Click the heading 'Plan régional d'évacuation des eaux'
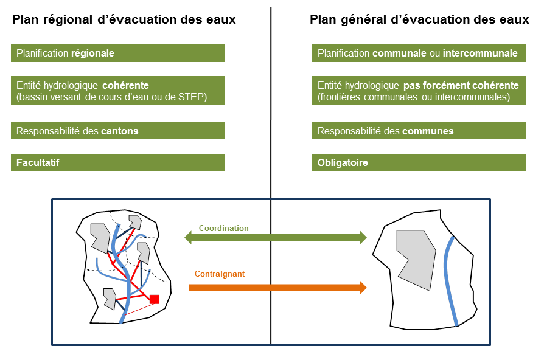pyautogui.click(x=124, y=19)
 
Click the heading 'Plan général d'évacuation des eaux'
pyautogui.click(x=419, y=19)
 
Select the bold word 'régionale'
pyautogui.click(x=92, y=54)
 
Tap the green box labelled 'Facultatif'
pyautogui.click(x=118, y=162)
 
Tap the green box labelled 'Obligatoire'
pyautogui.click(x=419, y=162)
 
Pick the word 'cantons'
pyautogui.click(x=119, y=131)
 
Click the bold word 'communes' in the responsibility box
pyautogui.click(x=428, y=131)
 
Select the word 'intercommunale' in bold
pyautogui.click(x=480, y=54)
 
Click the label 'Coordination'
pyautogui.click(x=224, y=229)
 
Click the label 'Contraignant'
pyautogui.click(x=220, y=274)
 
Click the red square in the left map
pyautogui.click(x=154, y=299)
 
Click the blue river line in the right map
pyautogui.click(x=450, y=280)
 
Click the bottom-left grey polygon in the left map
pyautogui.click(x=110, y=298)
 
